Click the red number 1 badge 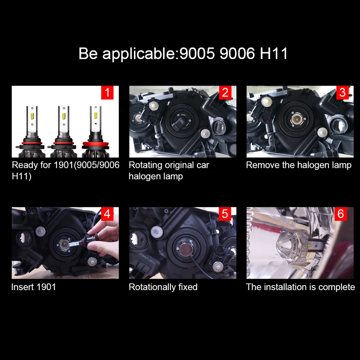point(107,93)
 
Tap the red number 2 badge point(225,93)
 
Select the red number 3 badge point(342,93)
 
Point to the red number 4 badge point(107,214)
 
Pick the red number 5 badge point(225,214)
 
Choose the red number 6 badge point(341,214)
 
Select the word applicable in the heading point(138,54)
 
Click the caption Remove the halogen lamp point(298,165)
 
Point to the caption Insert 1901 point(33,287)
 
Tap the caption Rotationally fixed point(163,287)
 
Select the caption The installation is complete point(300,287)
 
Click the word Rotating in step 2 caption point(145,165)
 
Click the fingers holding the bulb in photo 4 point(104,238)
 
